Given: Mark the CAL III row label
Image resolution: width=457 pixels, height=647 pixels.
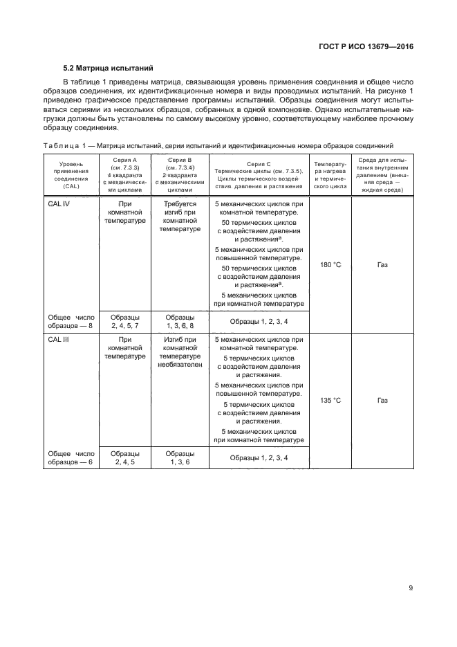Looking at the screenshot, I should pyautogui.click(x=59, y=340).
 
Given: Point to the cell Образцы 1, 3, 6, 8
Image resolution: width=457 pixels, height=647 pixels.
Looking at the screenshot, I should pyautogui.click(x=180, y=321).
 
